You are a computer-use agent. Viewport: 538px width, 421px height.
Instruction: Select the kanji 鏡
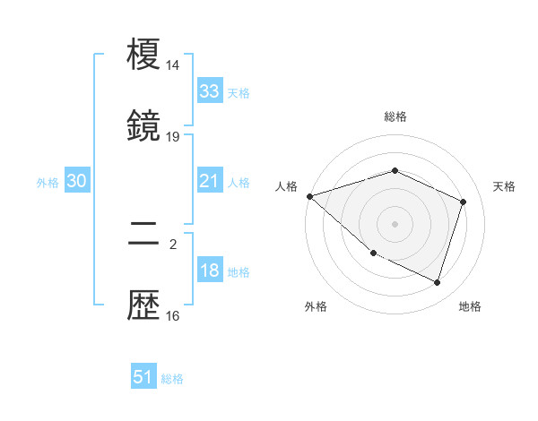pos(144,127)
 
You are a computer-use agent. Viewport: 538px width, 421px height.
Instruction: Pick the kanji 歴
pos(144,306)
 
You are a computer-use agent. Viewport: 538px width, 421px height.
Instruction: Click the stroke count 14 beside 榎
pos(173,65)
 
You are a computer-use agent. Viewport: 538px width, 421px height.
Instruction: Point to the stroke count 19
pos(173,136)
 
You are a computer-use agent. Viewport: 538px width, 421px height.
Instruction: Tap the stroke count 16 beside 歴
pos(173,315)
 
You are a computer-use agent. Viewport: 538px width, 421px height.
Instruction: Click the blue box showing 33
pos(209,91)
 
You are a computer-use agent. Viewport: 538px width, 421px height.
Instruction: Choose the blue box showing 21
pos(209,181)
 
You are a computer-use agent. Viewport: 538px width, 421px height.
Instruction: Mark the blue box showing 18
pos(209,271)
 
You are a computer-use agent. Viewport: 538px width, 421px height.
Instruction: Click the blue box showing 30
pos(76,181)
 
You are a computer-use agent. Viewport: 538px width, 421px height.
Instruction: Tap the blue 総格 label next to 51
pos(172,379)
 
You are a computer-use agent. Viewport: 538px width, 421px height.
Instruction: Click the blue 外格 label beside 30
pos(48,182)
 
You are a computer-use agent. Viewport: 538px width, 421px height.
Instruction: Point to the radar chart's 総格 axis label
pos(395,116)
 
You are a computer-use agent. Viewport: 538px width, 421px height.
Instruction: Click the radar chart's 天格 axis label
pos(505,186)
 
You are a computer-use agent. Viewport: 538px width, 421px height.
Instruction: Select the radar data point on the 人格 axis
pos(309,196)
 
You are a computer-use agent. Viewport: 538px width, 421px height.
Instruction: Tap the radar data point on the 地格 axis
pos(437,282)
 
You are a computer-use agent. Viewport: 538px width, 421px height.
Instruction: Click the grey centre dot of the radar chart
pos(395,224)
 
